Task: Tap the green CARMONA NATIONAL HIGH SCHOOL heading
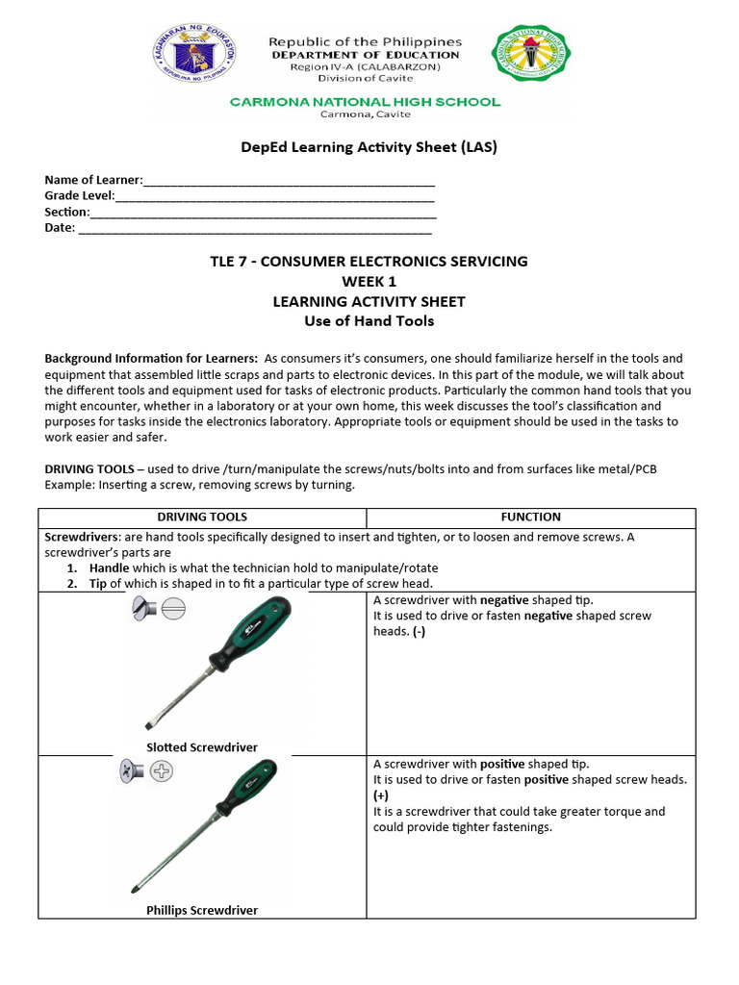(x=365, y=101)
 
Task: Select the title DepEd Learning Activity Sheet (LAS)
(x=369, y=147)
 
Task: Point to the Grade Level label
(x=79, y=196)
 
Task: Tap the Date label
(x=60, y=228)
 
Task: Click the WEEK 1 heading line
(x=369, y=281)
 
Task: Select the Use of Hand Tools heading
(x=369, y=321)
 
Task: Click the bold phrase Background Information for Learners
(x=151, y=358)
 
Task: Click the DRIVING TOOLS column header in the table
(x=202, y=517)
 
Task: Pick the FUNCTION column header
(x=530, y=517)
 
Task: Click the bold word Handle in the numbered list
(x=109, y=568)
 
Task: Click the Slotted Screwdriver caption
(x=202, y=746)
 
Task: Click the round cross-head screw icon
(x=160, y=771)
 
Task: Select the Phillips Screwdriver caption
(x=202, y=909)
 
